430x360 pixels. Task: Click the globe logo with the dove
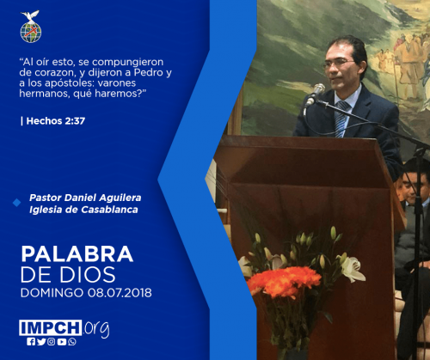pyautogui.click(x=31, y=27)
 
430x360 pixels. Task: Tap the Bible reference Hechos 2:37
pyautogui.click(x=56, y=121)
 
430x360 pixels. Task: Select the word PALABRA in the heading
pyautogui.click(x=77, y=254)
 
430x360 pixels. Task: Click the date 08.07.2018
pyautogui.click(x=120, y=293)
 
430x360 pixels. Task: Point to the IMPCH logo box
pyautogui.click(x=51, y=327)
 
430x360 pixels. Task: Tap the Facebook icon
pyautogui.click(x=31, y=342)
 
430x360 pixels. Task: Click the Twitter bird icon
pyautogui.click(x=41, y=342)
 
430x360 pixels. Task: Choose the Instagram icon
pyautogui.click(x=52, y=342)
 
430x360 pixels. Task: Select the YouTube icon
pyautogui.click(x=62, y=342)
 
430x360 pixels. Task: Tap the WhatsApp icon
pyautogui.click(x=72, y=342)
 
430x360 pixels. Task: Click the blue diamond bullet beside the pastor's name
pyautogui.click(x=17, y=203)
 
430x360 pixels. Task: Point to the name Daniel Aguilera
pyautogui.click(x=103, y=198)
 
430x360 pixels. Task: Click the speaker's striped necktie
pyautogui.click(x=341, y=119)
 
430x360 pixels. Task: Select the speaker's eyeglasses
pyautogui.click(x=338, y=63)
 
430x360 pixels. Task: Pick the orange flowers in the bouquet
pyautogui.click(x=284, y=281)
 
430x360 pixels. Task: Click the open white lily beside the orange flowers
pyautogui.click(x=352, y=269)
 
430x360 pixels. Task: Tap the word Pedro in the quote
pyautogui.click(x=149, y=72)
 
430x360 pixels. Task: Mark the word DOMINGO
pyautogui.click(x=52, y=293)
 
